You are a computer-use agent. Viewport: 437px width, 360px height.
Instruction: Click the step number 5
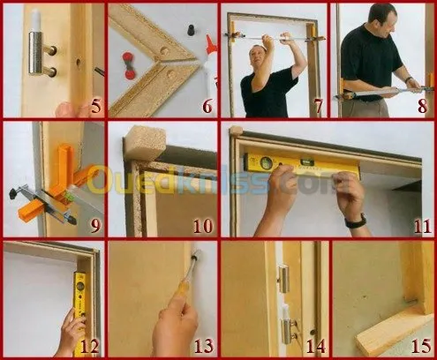point(95,107)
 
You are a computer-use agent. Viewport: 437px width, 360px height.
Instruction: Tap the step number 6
point(207,107)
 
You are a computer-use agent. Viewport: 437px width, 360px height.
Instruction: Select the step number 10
point(203,226)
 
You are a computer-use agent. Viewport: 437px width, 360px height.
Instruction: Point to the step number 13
point(203,346)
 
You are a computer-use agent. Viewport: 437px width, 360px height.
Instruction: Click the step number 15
point(421,346)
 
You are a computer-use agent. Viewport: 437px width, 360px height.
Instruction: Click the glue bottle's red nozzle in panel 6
point(210,41)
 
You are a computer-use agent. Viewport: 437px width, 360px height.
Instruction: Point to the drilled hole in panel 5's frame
point(79,62)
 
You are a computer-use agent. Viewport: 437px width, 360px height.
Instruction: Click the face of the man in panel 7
point(257,56)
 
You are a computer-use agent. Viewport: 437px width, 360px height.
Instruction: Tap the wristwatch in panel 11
point(356,221)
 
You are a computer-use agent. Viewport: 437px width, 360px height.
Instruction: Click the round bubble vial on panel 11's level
point(263,161)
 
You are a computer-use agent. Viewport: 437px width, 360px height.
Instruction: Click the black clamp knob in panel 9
point(14,194)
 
